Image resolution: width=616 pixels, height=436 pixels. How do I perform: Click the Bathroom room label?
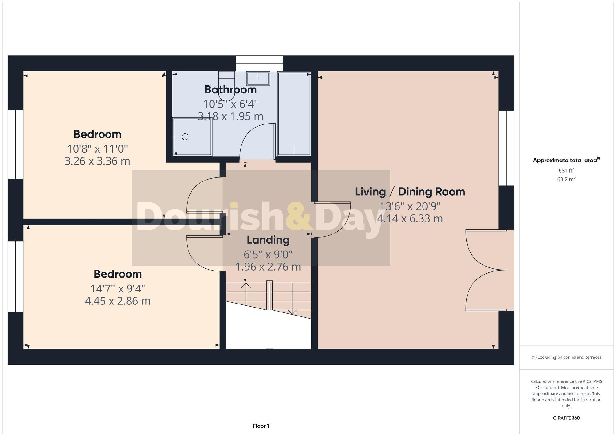(x=230, y=90)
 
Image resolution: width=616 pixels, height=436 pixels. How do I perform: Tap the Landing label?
(x=268, y=240)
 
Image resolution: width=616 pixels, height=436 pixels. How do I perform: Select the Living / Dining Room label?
(x=410, y=192)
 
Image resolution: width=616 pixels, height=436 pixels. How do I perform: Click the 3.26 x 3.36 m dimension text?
(x=97, y=161)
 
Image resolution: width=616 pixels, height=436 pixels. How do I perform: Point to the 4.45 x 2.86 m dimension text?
(x=118, y=301)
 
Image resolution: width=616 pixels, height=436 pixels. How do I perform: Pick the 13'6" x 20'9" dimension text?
(x=410, y=206)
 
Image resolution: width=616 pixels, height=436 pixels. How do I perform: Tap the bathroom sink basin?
(x=258, y=78)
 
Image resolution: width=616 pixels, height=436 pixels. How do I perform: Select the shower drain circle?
(x=185, y=137)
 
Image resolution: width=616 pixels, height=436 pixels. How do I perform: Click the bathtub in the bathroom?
(x=294, y=114)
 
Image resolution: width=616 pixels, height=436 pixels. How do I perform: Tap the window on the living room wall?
(x=506, y=148)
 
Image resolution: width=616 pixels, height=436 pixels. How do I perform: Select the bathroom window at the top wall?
(x=259, y=63)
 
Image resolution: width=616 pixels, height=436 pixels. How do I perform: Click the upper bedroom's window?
(x=15, y=144)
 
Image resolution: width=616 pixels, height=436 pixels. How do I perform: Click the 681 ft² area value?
(x=566, y=170)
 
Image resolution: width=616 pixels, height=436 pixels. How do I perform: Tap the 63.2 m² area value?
(x=566, y=179)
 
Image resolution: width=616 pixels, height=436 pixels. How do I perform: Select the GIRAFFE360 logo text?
(x=566, y=418)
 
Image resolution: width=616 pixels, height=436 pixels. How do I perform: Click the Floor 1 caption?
(x=261, y=426)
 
